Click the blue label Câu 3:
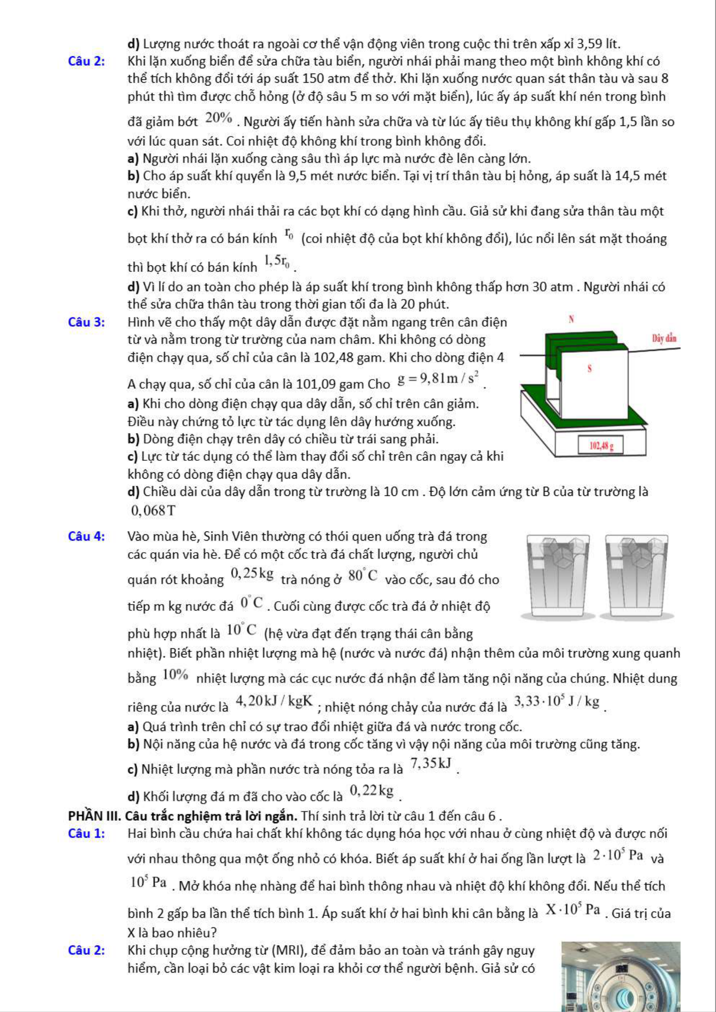[86, 322]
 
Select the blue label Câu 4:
[86, 536]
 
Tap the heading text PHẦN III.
[95, 816]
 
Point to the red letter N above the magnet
[571, 319]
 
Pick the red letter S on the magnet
[590, 369]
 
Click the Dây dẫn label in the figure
[664, 338]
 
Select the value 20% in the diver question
[219, 118]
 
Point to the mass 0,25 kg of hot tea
[252, 574]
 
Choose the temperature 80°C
[363, 575]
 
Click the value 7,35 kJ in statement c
[431, 763]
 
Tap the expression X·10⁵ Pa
[573, 909]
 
